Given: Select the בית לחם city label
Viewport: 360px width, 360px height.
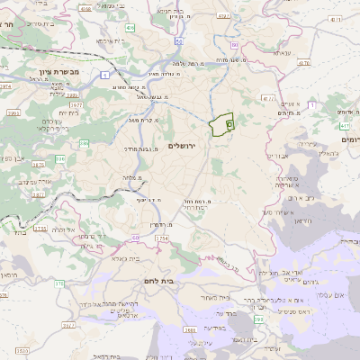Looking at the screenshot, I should (186, 282).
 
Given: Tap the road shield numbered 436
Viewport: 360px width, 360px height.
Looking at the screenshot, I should (131, 29).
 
